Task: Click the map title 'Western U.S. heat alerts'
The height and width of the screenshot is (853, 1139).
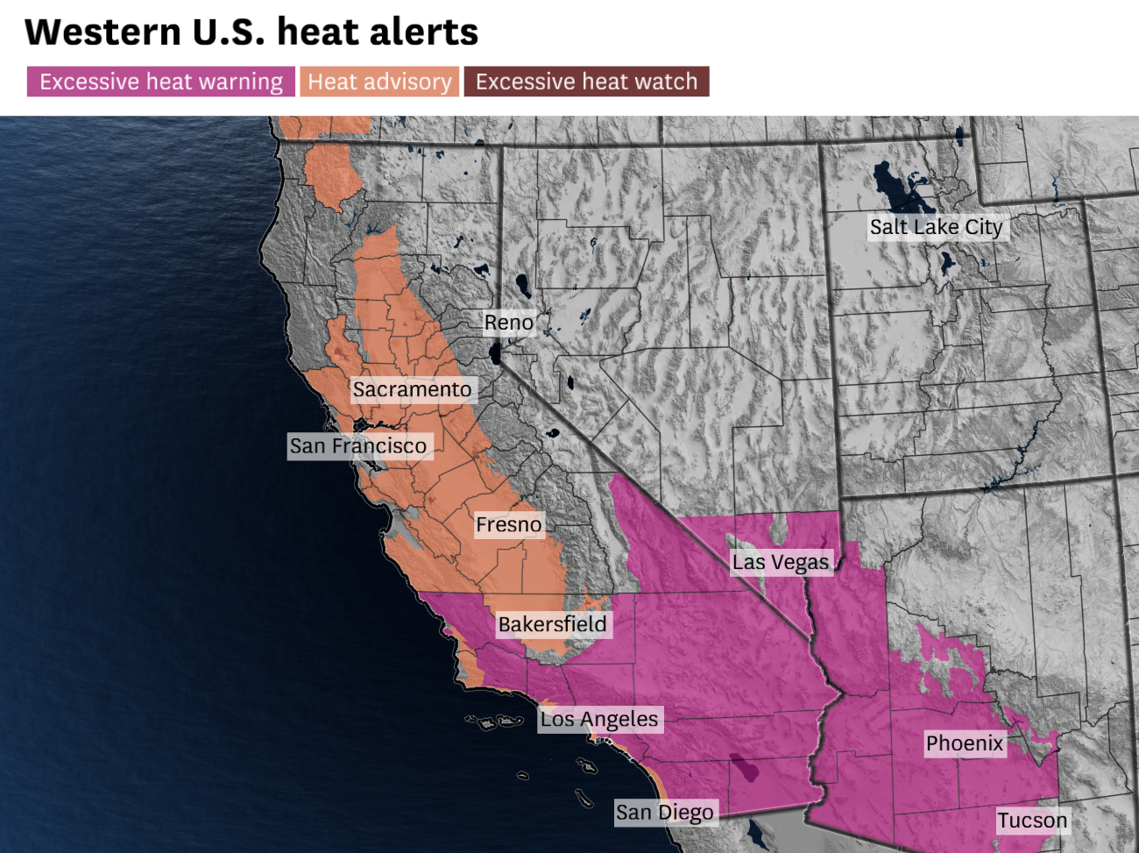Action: (x=251, y=32)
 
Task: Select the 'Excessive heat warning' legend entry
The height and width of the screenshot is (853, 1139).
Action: (x=161, y=82)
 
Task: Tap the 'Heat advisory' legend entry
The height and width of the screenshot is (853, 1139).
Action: (x=379, y=82)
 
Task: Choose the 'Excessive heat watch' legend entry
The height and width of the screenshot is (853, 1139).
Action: (x=586, y=82)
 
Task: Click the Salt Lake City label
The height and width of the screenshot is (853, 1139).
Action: (x=936, y=227)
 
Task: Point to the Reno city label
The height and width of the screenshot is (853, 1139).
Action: (x=508, y=323)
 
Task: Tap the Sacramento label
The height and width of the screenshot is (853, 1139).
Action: (x=412, y=389)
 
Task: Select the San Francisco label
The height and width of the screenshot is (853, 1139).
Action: (x=358, y=446)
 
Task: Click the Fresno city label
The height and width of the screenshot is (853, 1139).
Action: (x=508, y=524)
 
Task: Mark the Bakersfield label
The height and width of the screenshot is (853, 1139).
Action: (x=552, y=624)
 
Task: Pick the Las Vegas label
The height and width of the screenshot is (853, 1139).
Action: (x=781, y=562)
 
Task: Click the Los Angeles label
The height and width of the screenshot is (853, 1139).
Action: (x=599, y=719)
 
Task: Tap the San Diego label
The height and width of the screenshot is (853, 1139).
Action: (x=664, y=812)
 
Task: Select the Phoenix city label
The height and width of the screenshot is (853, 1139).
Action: (x=965, y=743)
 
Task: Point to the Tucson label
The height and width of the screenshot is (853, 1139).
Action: (x=1032, y=821)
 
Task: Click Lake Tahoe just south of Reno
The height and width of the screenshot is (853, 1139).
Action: (x=496, y=353)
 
